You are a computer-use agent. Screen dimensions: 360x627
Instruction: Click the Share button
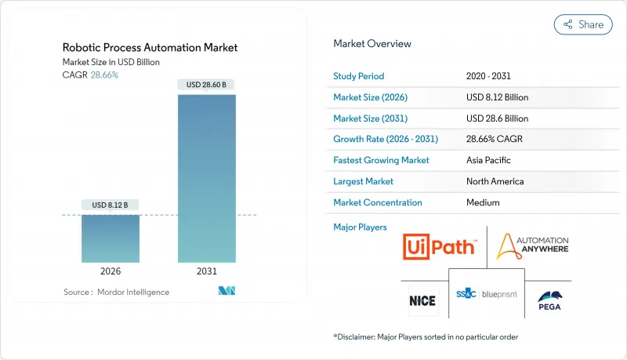(583, 24)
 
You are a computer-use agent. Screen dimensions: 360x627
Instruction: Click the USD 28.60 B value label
(206, 85)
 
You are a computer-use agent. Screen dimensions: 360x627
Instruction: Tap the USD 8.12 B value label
(111, 205)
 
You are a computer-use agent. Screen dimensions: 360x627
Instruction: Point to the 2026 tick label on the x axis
(111, 271)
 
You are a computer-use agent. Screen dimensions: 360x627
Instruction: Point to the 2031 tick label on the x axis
(206, 271)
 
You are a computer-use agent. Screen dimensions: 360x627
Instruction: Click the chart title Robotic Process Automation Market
(150, 48)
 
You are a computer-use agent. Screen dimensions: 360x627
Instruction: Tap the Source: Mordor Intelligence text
(116, 292)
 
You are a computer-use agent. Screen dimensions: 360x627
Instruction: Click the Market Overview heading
(372, 44)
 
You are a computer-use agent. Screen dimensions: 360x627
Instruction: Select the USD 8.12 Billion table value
(497, 97)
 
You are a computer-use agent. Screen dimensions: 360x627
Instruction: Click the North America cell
(495, 181)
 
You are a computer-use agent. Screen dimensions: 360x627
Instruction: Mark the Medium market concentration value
(482, 202)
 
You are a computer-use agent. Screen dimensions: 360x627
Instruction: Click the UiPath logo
(439, 248)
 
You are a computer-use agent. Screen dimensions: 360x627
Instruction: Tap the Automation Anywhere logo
(532, 246)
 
